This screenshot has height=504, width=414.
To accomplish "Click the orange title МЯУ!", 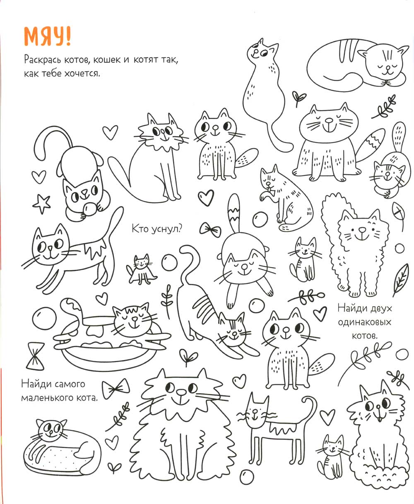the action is click(x=47, y=36).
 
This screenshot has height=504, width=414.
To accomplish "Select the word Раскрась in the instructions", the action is click(x=43, y=60).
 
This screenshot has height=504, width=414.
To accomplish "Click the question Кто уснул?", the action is click(x=157, y=229).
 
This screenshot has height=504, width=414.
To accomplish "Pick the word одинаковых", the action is click(x=364, y=322).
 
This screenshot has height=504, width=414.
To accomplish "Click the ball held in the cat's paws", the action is click(x=90, y=209).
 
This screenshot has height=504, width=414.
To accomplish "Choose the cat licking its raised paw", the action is click(x=286, y=198).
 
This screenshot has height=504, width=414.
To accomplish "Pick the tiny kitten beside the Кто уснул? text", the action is click(x=141, y=269).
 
